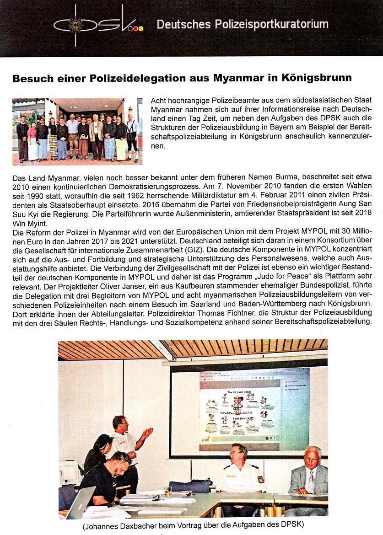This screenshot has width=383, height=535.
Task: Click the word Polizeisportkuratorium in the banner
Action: coord(272,24)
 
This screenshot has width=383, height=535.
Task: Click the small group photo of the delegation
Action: coord(77,131)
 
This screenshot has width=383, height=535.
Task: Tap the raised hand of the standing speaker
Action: coord(147,432)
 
